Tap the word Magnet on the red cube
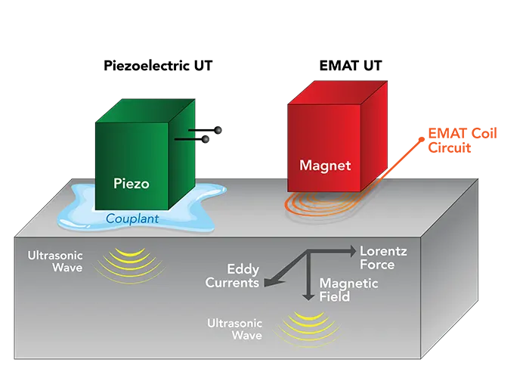tap(326, 165)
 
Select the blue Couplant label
tap(131, 219)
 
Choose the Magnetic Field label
tap(345, 290)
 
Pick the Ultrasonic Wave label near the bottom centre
tap(234, 329)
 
